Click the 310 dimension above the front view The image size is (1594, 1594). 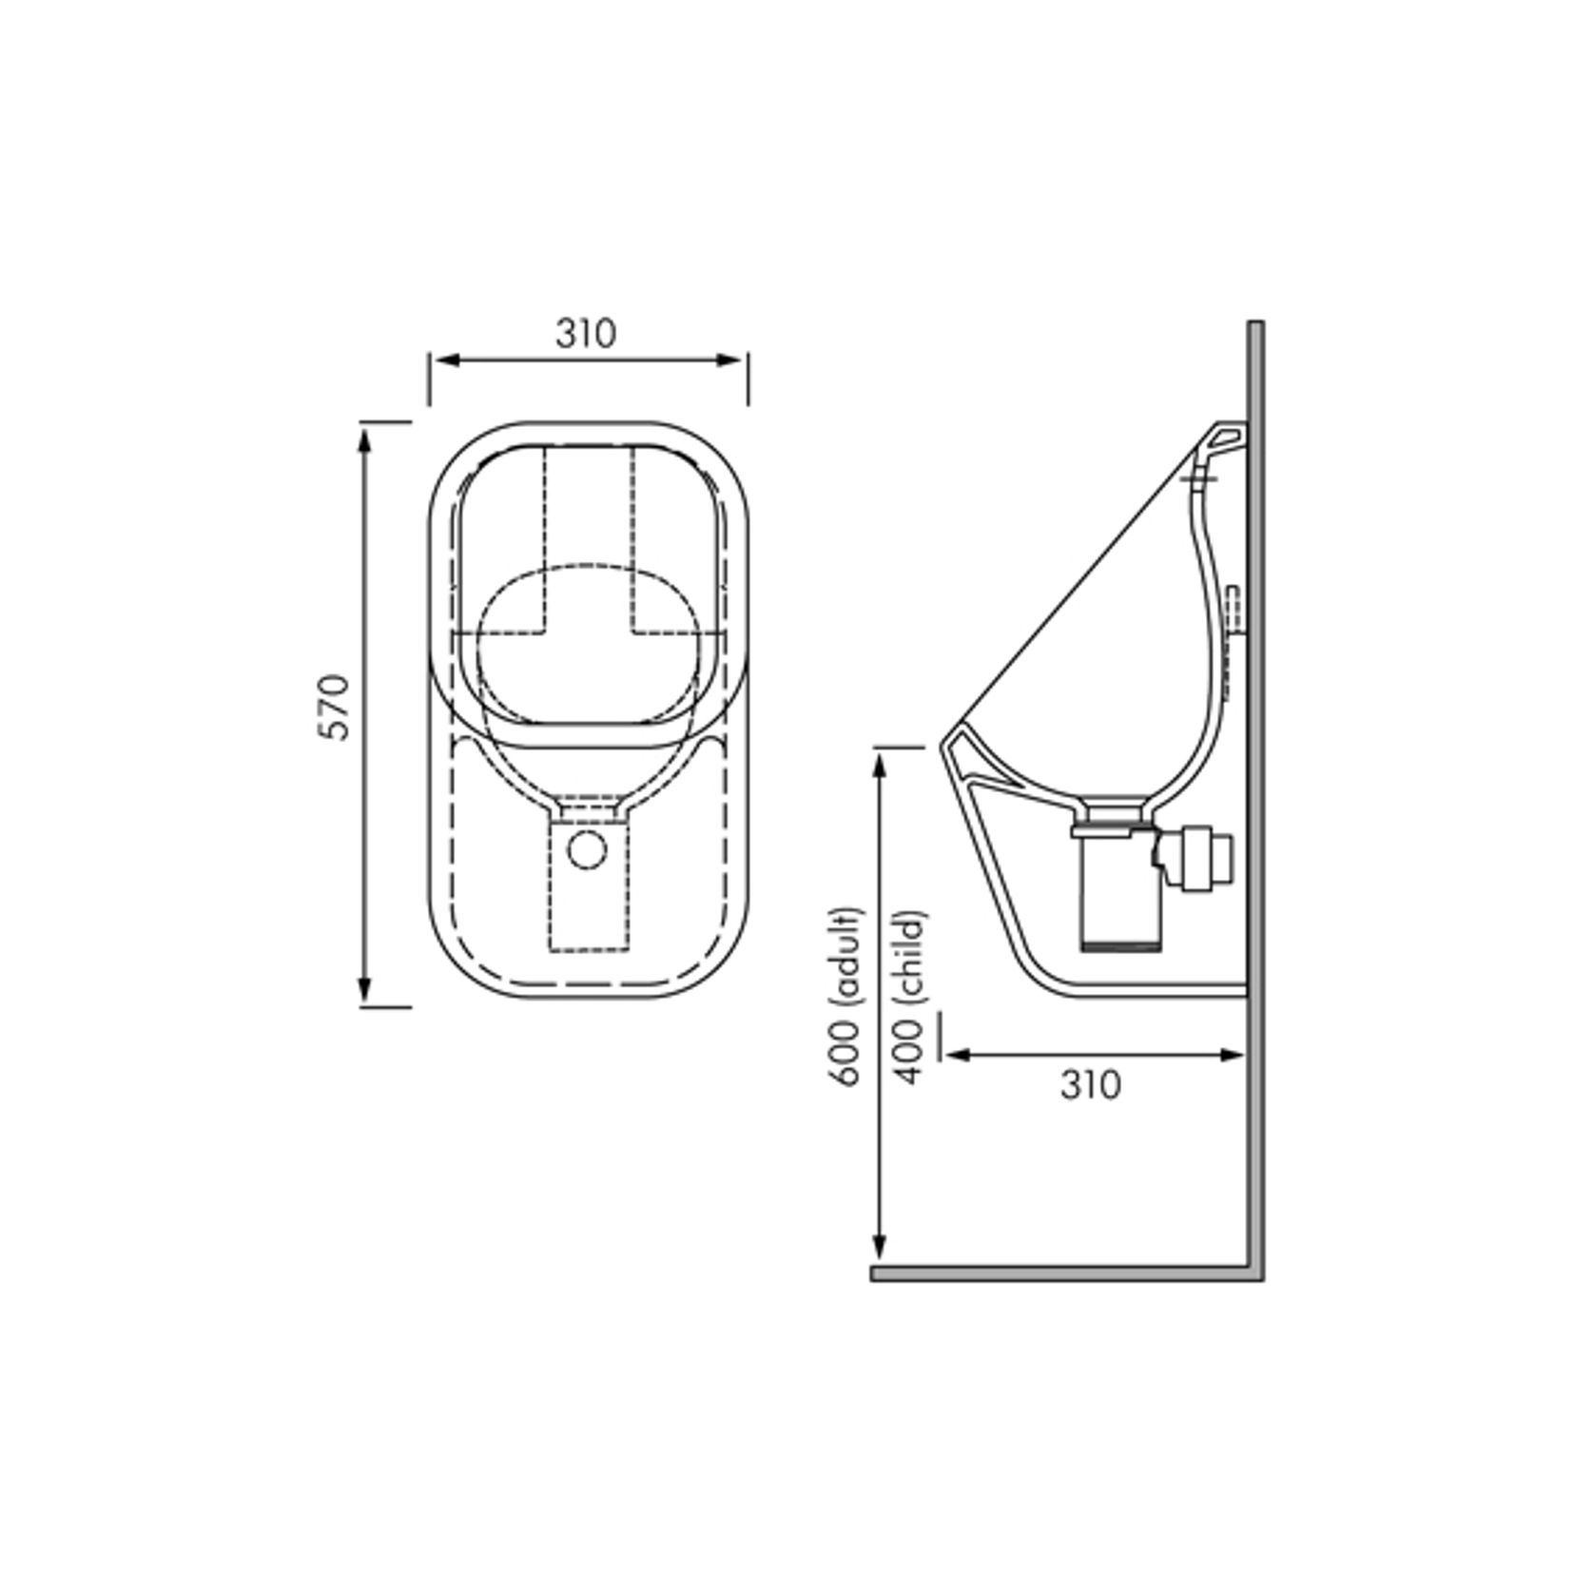click(x=586, y=334)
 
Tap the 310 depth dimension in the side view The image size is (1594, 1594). click(x=1091, y=1084)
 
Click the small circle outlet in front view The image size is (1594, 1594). click(x=587, y=849)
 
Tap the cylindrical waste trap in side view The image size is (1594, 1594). click(x=1120, y=894)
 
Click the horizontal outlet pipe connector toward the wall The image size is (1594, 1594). click(x=1204, y=859)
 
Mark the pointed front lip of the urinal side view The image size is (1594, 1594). click(x=945, y=746)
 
